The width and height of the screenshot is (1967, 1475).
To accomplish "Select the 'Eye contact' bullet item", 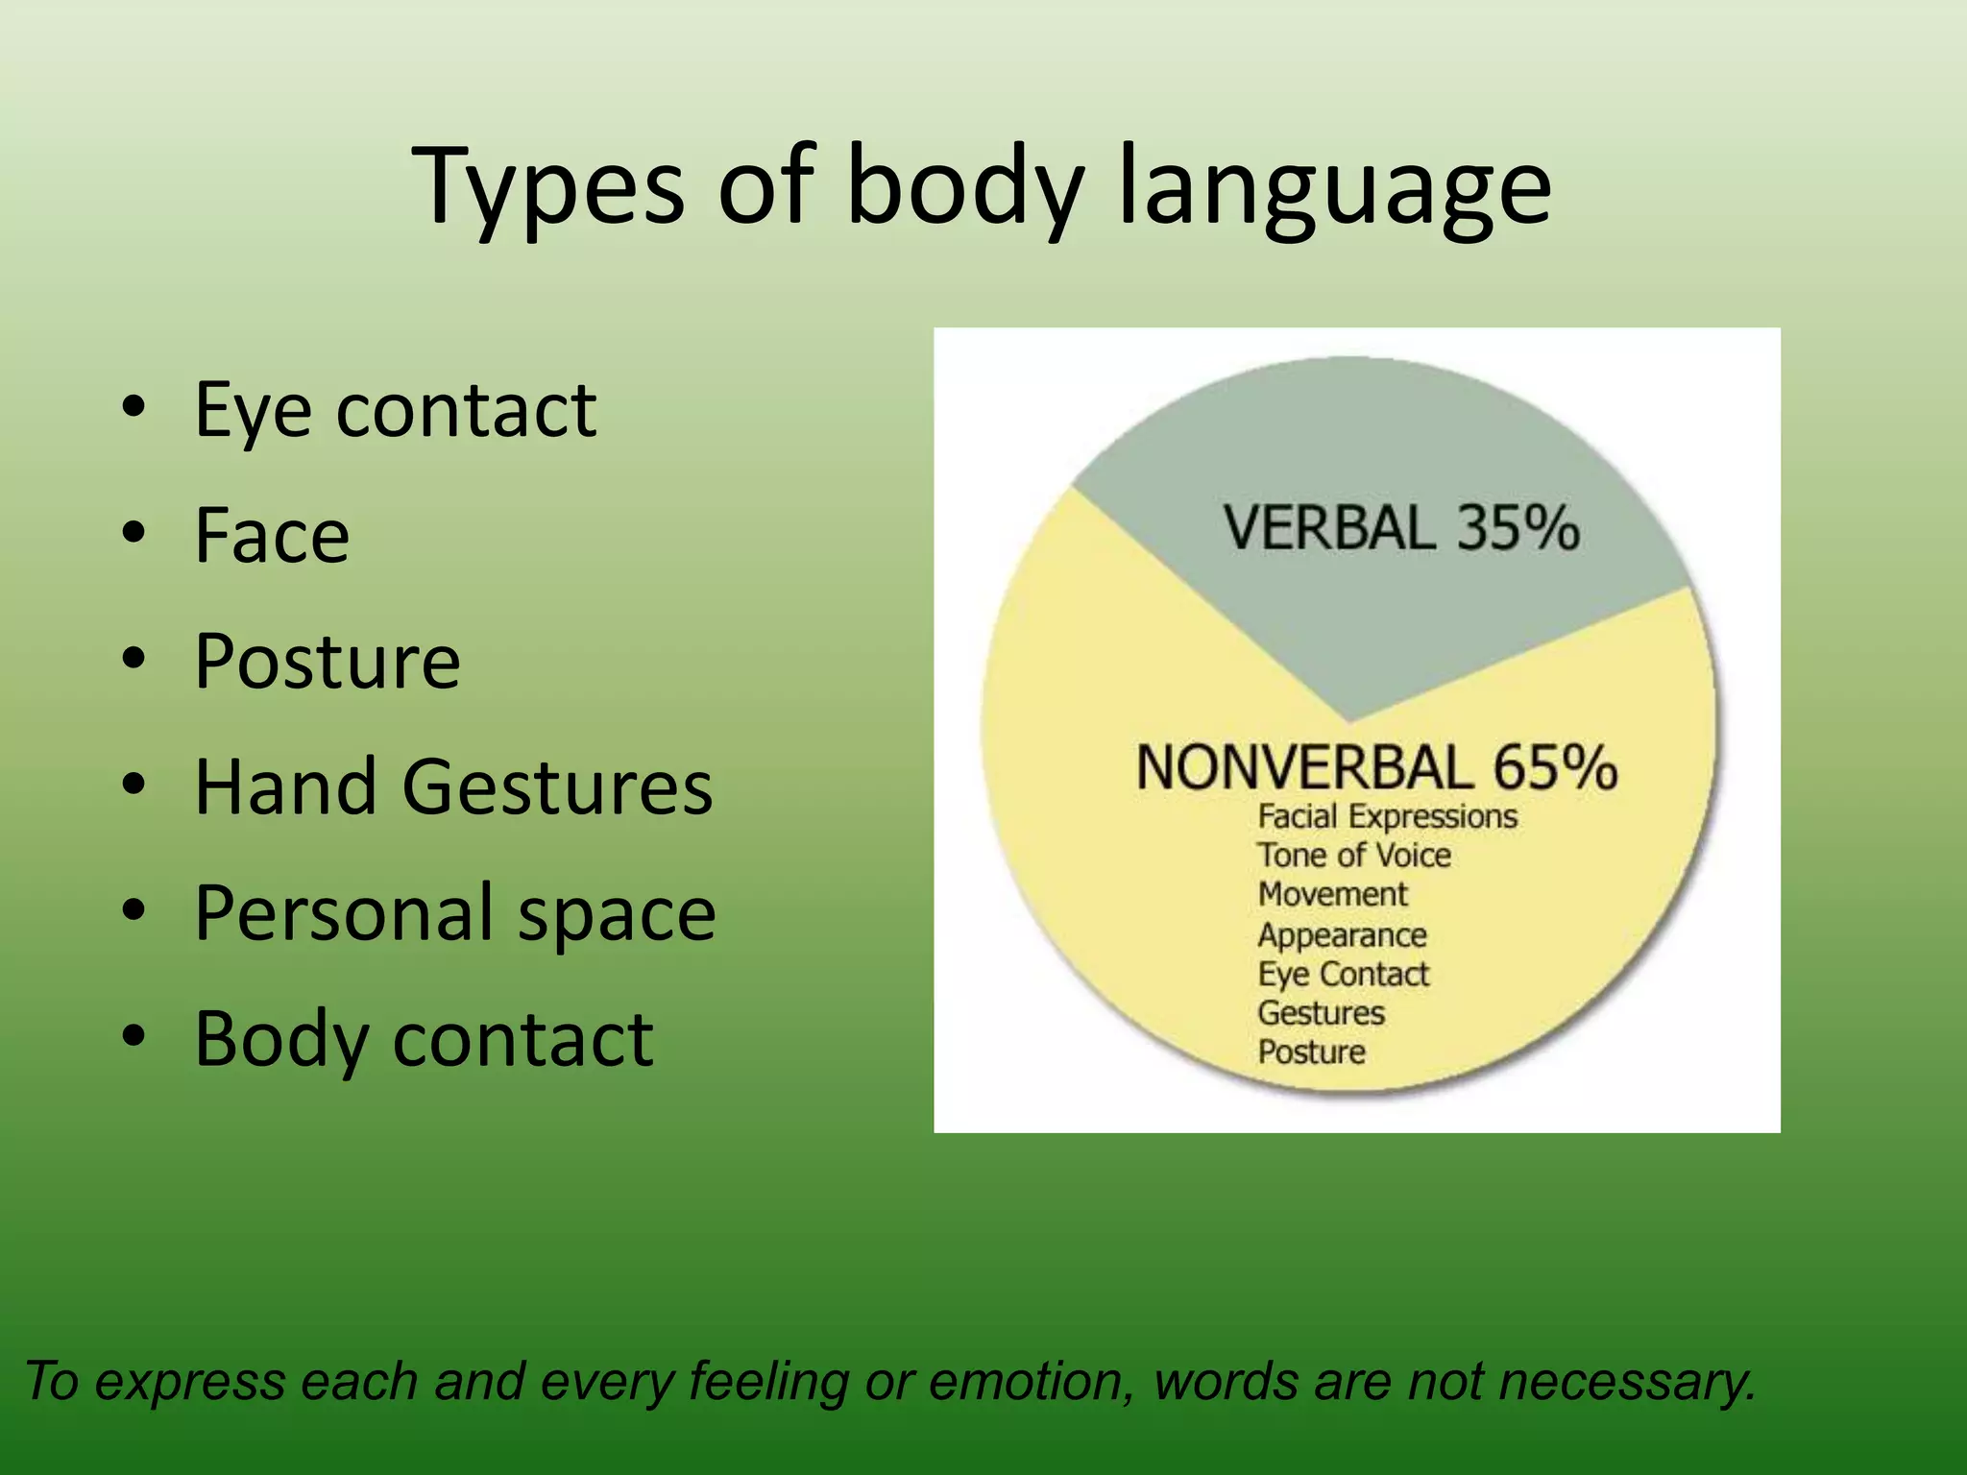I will coord(395,410).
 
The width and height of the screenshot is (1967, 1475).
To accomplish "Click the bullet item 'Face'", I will coord(272,535).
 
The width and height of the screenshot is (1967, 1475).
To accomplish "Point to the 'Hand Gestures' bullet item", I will coord(453,786).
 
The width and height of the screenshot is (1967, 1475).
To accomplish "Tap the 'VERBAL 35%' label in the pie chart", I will coord(1400,528).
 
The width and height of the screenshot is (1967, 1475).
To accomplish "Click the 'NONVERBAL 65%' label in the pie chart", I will coord(1376,768).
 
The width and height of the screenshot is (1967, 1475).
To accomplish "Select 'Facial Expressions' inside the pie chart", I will coord(1387,817).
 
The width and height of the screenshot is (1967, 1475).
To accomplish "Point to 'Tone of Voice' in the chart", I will coord(1354,856).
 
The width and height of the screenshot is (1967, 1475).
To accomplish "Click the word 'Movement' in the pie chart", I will coord(1332,895).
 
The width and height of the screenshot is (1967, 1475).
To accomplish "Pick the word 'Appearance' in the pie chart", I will coord(1342,935).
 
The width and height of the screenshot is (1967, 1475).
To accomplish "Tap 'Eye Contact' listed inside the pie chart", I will coord(1343,975).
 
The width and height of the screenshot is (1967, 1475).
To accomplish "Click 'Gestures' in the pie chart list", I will coord(1321,1013).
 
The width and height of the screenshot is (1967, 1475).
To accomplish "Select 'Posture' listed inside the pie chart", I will coord(1311,1052).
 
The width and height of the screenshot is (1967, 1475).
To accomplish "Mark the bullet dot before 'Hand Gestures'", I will coord(134,786).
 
